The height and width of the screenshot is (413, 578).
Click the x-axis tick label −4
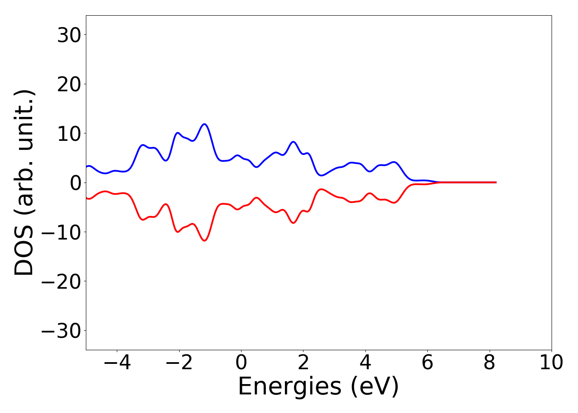(x=117, y=363)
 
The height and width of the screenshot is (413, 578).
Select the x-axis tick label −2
(x=179, y=363)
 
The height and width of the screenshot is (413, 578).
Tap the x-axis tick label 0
(x=241, y=363)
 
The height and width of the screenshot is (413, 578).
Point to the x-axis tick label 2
(x=303, y=363)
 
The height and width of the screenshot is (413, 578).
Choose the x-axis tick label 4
(x=365, y=363)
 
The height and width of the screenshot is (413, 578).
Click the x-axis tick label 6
(x=427, y=363)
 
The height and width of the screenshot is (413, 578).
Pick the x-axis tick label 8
(x=490, y=363)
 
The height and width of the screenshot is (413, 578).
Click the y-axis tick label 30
(x=69, y=36)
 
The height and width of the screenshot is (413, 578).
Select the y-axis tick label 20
(x=69, y=85)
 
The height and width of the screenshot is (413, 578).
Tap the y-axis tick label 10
(x=69, y=134)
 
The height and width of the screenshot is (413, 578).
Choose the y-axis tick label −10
(x=62, y=233)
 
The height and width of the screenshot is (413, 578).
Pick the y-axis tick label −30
(x=62, y=332)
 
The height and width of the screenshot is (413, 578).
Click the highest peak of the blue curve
(x=204, y=124)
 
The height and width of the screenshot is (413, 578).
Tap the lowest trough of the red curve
(x=204, y=241)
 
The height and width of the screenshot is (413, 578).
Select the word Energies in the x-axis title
(x=289, y=387)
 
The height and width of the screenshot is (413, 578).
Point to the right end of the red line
(x=496, y=182)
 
